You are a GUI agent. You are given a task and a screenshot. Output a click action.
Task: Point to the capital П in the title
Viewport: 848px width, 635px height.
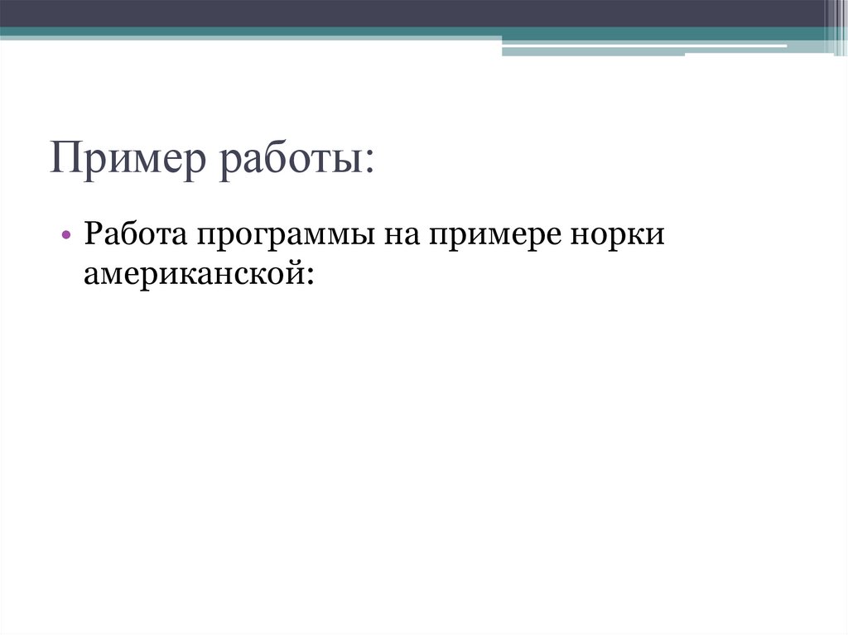click(63, 157)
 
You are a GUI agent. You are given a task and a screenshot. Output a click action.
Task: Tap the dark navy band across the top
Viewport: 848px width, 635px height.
click(414, 12)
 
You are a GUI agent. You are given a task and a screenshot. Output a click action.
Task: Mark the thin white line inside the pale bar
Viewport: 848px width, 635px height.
click(646, 46)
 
